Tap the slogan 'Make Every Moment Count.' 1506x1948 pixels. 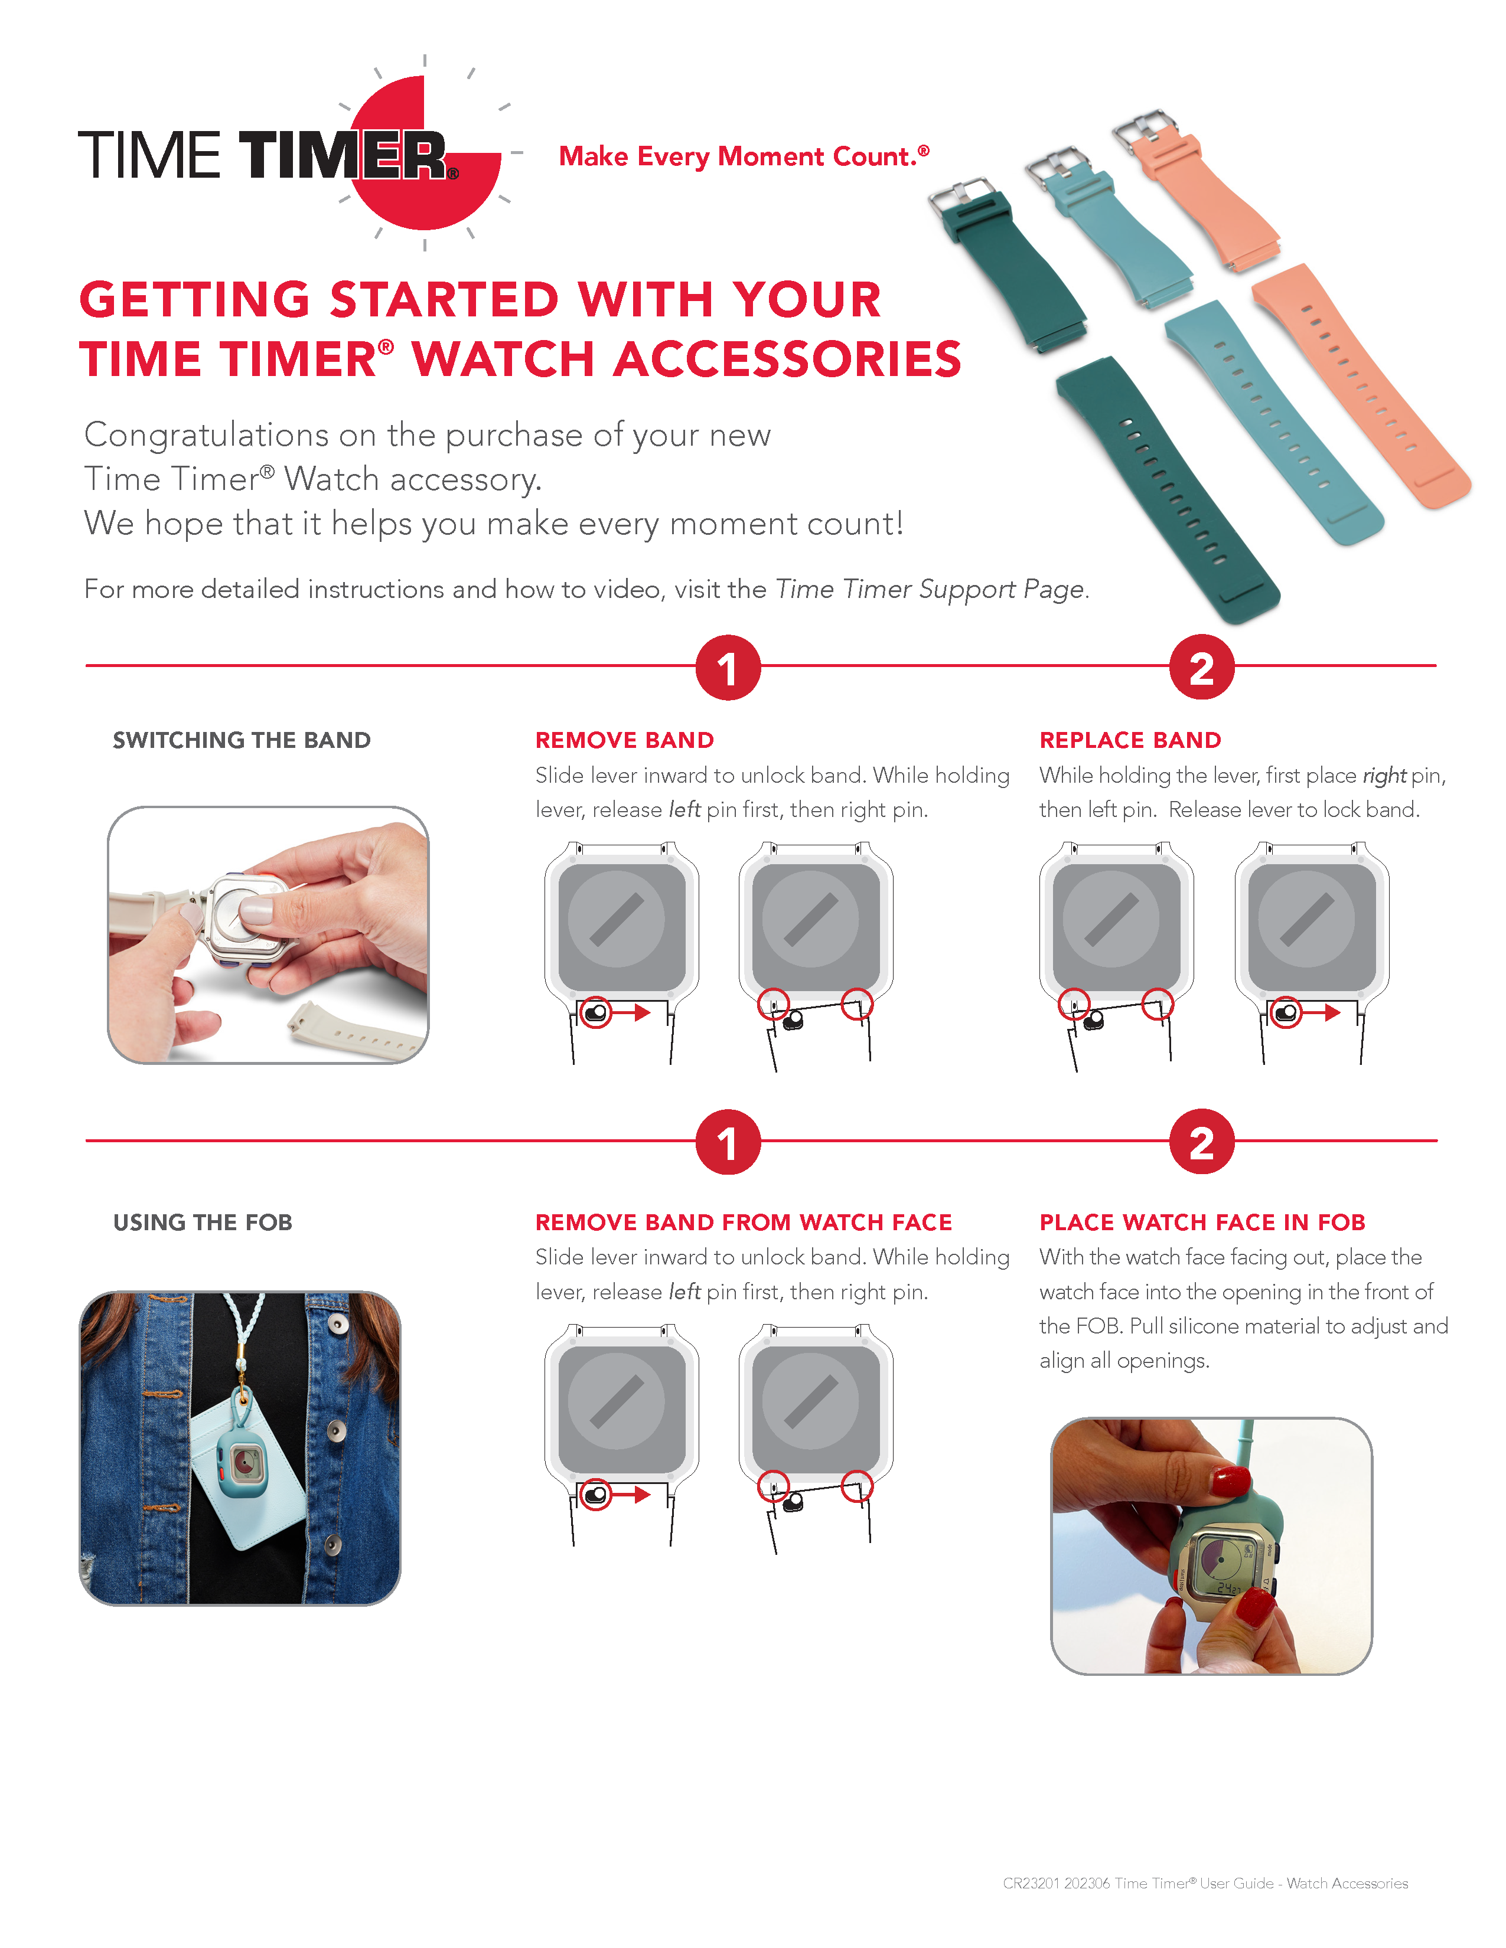pyautogui.click(x=742, y=157)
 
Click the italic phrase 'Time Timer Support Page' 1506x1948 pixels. pyautogui.click(x=930, y=590)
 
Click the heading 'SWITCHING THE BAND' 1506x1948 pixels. pyautogui.click(x=241, y=740)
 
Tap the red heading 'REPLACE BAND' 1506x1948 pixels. pyautogui.click(x=1129, y=740)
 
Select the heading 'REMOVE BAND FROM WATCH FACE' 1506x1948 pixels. pyautogui.click(x=743, y=1222)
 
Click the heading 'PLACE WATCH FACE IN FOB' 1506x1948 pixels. pyautogui.click(x=1202, y=1222)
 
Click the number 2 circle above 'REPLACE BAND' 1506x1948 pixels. pyautogui.click(x=1201, y=668)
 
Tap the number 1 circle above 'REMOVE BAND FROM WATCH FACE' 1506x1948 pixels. pyautogui.click(x=727, y=1143)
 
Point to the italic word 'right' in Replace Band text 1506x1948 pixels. pyautogui.click(x=1384, y=776)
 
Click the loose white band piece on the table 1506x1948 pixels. pyautogui.click(x=357, y=1035)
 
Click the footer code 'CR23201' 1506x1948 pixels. pyautogui.click(x=1031, y=1883)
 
